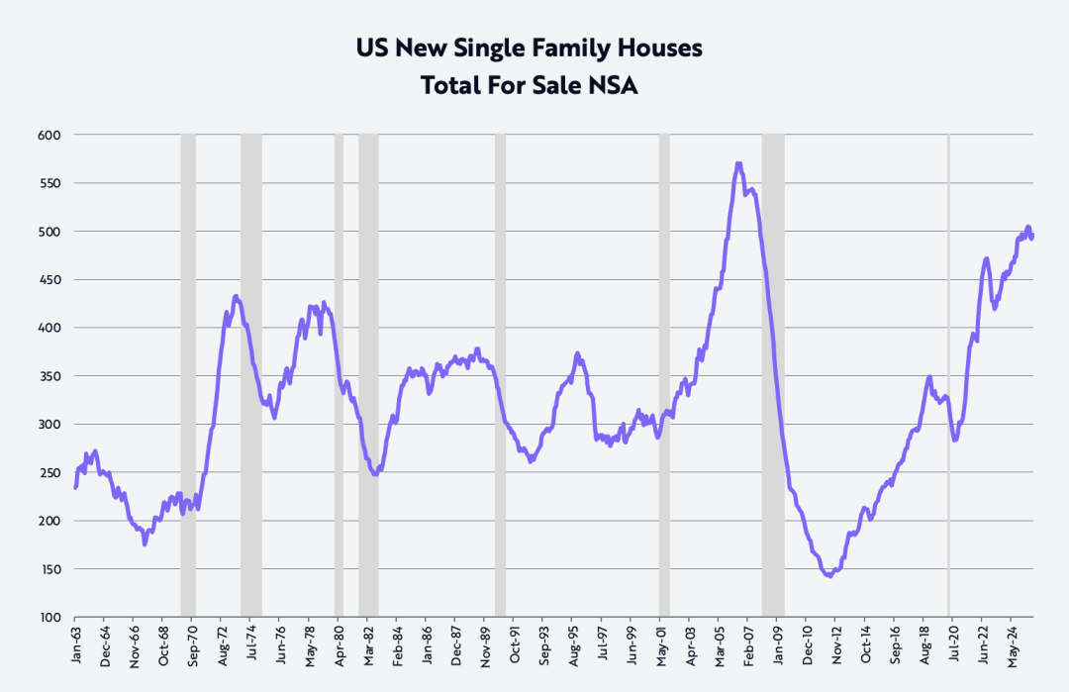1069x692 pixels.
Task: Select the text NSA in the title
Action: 615,85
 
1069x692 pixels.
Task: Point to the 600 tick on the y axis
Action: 49,135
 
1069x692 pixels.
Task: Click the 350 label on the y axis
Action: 49,376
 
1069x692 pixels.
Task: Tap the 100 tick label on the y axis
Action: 49,618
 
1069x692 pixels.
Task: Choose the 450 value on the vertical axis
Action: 49,280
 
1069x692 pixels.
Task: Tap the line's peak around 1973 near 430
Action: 236,296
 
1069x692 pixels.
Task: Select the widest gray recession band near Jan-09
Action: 773,376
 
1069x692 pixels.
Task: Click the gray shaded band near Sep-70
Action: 188,376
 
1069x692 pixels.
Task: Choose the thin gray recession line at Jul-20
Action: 948,376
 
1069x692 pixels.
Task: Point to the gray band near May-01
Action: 664,376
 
